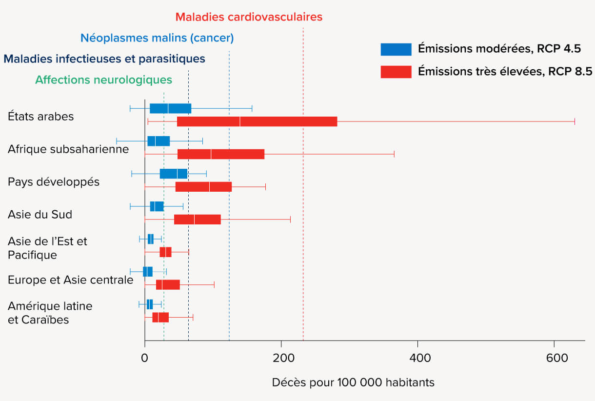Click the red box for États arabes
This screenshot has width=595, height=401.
click(257, 121)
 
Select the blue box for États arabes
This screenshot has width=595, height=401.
click(170, 108)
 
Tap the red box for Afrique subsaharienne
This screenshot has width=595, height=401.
click(220, 154)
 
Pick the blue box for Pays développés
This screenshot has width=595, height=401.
click(173, 174)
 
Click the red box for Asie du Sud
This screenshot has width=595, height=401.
click(197, 220)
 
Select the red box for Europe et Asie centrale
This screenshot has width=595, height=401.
click(168, 285)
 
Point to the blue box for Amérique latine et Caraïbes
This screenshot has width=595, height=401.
click(150, 304)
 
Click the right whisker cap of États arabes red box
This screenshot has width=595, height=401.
click(575, 121)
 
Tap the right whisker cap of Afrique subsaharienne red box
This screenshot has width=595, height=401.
click(394, 154)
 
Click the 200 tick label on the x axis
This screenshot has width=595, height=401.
click(281, 358)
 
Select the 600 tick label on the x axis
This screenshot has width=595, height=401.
click(554, 358)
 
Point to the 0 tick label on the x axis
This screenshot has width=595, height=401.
click(145, 358)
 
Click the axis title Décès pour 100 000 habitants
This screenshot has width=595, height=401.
click(353, 382)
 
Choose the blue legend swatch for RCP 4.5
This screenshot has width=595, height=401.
click(396, 49)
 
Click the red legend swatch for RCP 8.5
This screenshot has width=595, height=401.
click(396, 72)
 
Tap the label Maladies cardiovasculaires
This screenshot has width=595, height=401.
click(249, 17)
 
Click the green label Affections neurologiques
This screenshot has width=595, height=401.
click(103, 80)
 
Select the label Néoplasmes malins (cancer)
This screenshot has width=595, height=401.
click(157, 38)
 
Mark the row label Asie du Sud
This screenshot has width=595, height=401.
click(40, 214)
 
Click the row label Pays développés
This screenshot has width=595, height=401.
click(54, 181)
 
